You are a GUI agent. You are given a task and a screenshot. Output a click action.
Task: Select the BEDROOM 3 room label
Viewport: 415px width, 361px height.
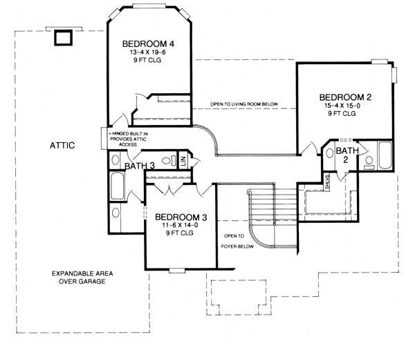coord(179,216)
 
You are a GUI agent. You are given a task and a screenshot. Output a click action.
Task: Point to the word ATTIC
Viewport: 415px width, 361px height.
coord(62,145)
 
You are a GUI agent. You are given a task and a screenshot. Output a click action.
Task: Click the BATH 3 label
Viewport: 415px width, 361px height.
coord(139,166)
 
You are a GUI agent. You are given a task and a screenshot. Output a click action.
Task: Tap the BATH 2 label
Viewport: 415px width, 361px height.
coord(343,154)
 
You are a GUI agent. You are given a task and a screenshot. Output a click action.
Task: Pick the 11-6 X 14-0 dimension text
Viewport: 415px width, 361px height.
coord(179,225)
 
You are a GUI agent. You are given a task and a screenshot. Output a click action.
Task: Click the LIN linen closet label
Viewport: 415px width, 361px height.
coord(183,159)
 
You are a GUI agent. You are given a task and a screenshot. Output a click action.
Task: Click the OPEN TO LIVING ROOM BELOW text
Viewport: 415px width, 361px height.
coord(244,105)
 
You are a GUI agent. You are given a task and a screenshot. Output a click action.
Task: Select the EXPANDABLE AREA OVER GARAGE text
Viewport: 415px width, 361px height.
coord(82,277)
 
